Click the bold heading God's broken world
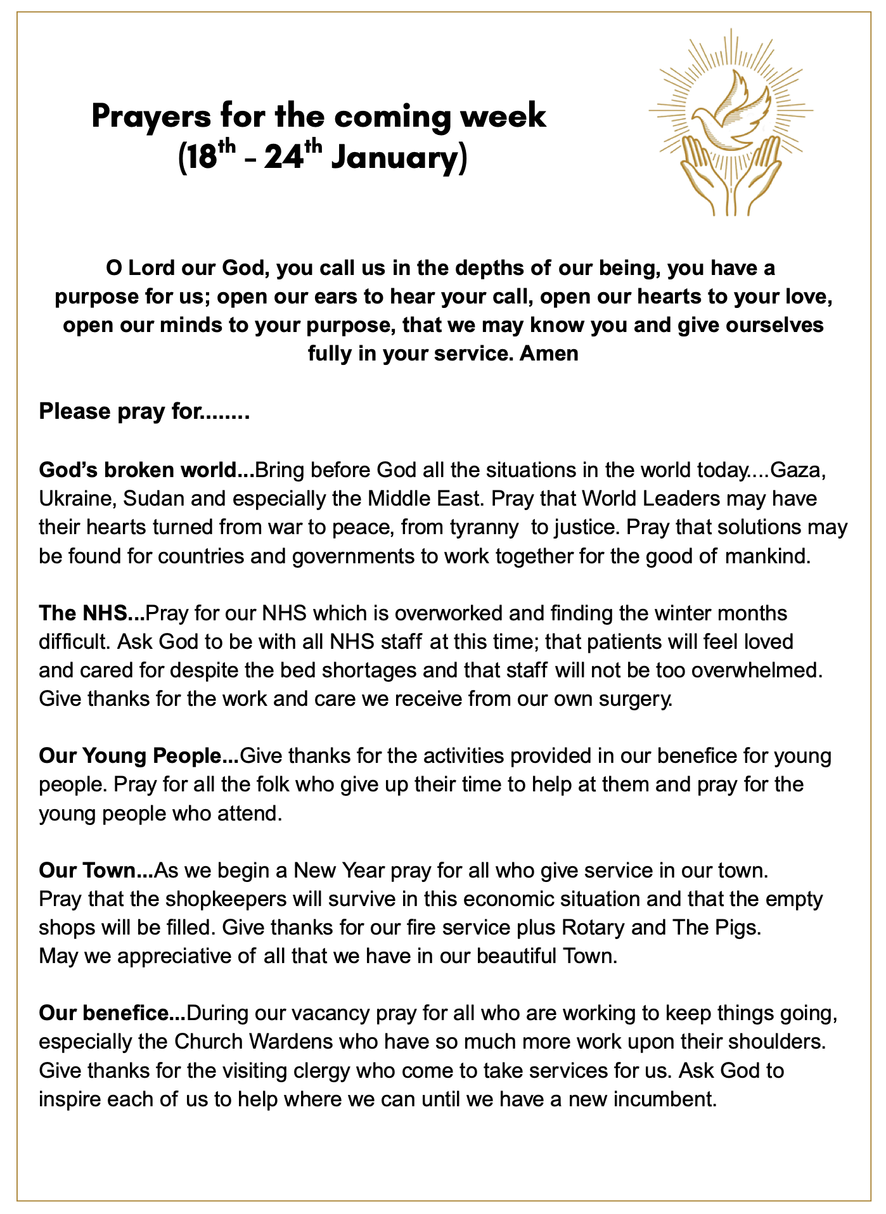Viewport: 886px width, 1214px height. coord(146,470)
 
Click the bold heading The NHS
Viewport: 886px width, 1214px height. coord(91,613)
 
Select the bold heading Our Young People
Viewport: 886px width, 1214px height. coord(138,756)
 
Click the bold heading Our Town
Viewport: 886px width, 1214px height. coord(95,871)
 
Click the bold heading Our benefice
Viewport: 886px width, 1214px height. coord(112,1013)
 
